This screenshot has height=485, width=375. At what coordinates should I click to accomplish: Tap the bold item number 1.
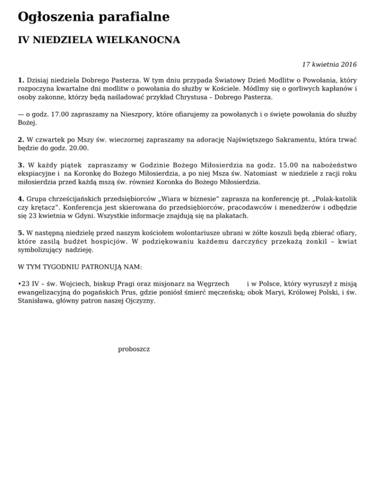(x=21, y=79)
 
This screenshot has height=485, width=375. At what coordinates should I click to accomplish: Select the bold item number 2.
(x=21, y=140)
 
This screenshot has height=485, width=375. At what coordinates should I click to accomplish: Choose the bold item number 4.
(x=21, y=199)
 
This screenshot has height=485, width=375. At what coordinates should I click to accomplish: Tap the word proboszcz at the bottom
(x=134, y=349)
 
